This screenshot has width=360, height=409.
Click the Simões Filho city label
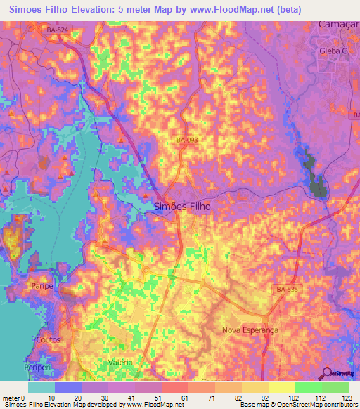181,207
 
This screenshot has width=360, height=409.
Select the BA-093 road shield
187,141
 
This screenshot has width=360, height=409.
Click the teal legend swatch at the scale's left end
41,387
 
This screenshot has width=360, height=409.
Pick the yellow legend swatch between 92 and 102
281,387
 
